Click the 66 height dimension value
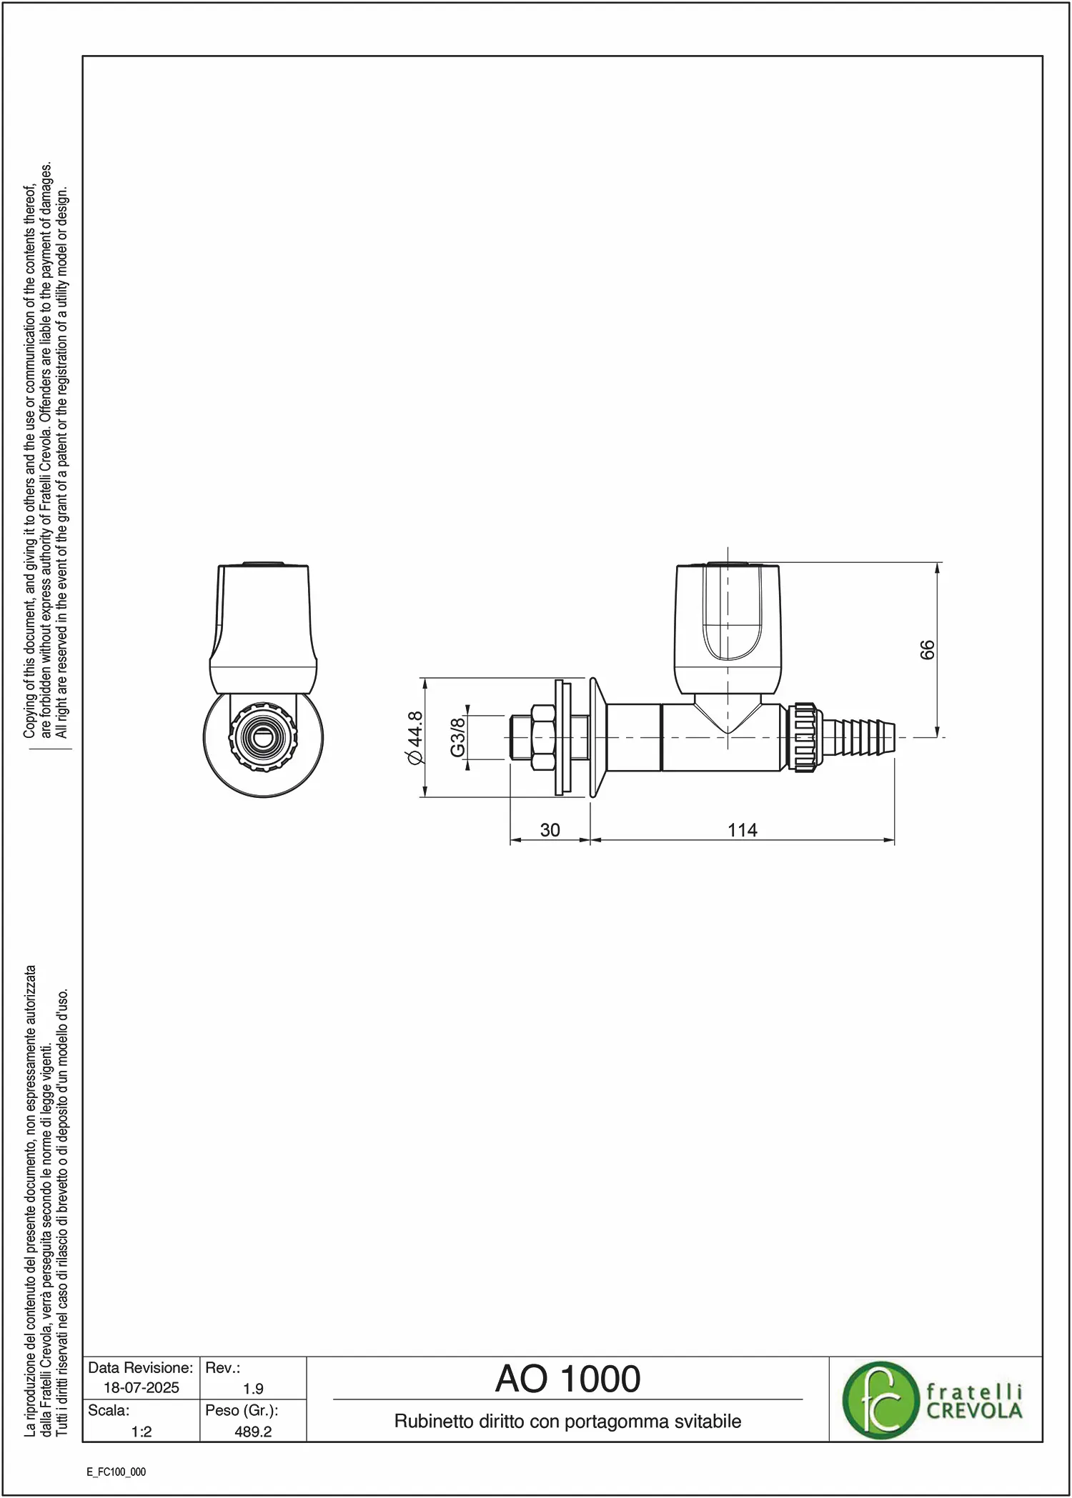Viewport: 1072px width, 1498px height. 926,649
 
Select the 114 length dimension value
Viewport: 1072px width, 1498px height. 743,830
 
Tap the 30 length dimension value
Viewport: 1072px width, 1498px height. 550,830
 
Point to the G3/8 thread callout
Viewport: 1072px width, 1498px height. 457,736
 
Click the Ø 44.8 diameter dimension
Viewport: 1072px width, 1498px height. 415,738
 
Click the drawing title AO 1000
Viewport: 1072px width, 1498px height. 568,1379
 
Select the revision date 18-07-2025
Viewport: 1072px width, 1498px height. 142,1387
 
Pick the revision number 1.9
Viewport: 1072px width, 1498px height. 253,1389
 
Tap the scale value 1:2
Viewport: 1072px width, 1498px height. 142,1431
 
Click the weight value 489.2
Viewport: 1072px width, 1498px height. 253,1431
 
